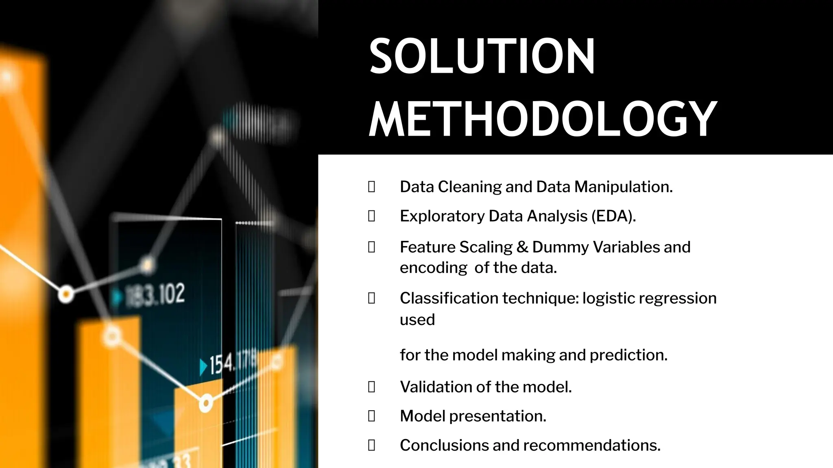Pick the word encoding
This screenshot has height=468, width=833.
tap(434, 268)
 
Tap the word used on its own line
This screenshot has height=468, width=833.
tap(417, 320)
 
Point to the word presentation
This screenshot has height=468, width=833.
tap(497, 416)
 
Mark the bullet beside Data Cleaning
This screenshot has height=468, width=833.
tap(371, 187)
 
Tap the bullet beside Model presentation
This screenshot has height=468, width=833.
tap(371, 416)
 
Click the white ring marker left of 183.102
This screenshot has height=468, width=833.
tap(66, 294)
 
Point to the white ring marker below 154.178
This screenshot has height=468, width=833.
tap(206, 403)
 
